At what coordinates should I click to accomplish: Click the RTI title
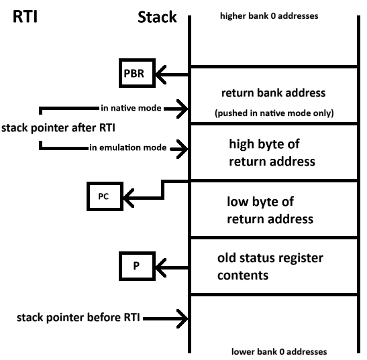coord(25,17)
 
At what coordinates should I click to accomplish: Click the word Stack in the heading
coord(157,17)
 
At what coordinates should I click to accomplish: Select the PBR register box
coord(137,73)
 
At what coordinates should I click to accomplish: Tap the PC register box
coord(105,196)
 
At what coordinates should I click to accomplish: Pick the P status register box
coord(137,266)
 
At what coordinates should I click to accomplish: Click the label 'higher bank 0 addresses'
coord(269,16)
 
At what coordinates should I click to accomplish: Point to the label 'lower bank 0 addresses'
coord(279,351)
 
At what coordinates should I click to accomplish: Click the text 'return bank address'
coord(273,93)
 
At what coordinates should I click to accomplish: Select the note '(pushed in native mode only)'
coord(274,113)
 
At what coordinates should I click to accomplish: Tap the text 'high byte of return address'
coord(272,153)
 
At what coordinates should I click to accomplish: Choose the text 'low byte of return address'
coord(270,211)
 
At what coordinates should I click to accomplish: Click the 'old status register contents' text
coord(270,266)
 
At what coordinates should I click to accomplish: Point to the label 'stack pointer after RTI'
coord(58,128)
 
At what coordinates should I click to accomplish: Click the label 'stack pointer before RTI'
coord(78,318)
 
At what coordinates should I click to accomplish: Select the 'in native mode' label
coord(131,108)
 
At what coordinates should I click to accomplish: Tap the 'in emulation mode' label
coord(128,147)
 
